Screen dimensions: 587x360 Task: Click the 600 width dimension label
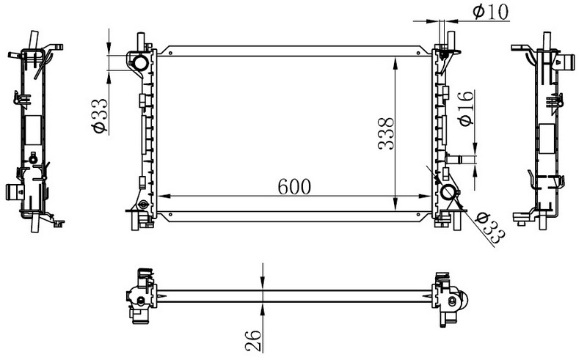pyautogui.click(x=294, y=186)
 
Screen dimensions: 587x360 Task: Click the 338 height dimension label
pyautogui.click(x=386, y=134)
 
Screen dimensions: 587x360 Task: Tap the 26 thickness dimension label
pyautogui.click(x=253, y=340)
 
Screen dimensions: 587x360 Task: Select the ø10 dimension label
pyautogui.click(x=491, y=12)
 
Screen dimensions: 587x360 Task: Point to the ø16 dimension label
pyautogui.click(x=466, y=109)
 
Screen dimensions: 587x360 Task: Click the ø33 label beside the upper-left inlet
pyautogui.click(x=100, y=116)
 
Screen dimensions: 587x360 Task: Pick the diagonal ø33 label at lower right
pyautogui.click(x=490, y=228)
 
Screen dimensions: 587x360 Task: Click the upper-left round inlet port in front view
pyautogui.click(x=140, y=63)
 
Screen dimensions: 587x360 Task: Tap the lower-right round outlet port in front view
pyautogui.click(x=448, y=192)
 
